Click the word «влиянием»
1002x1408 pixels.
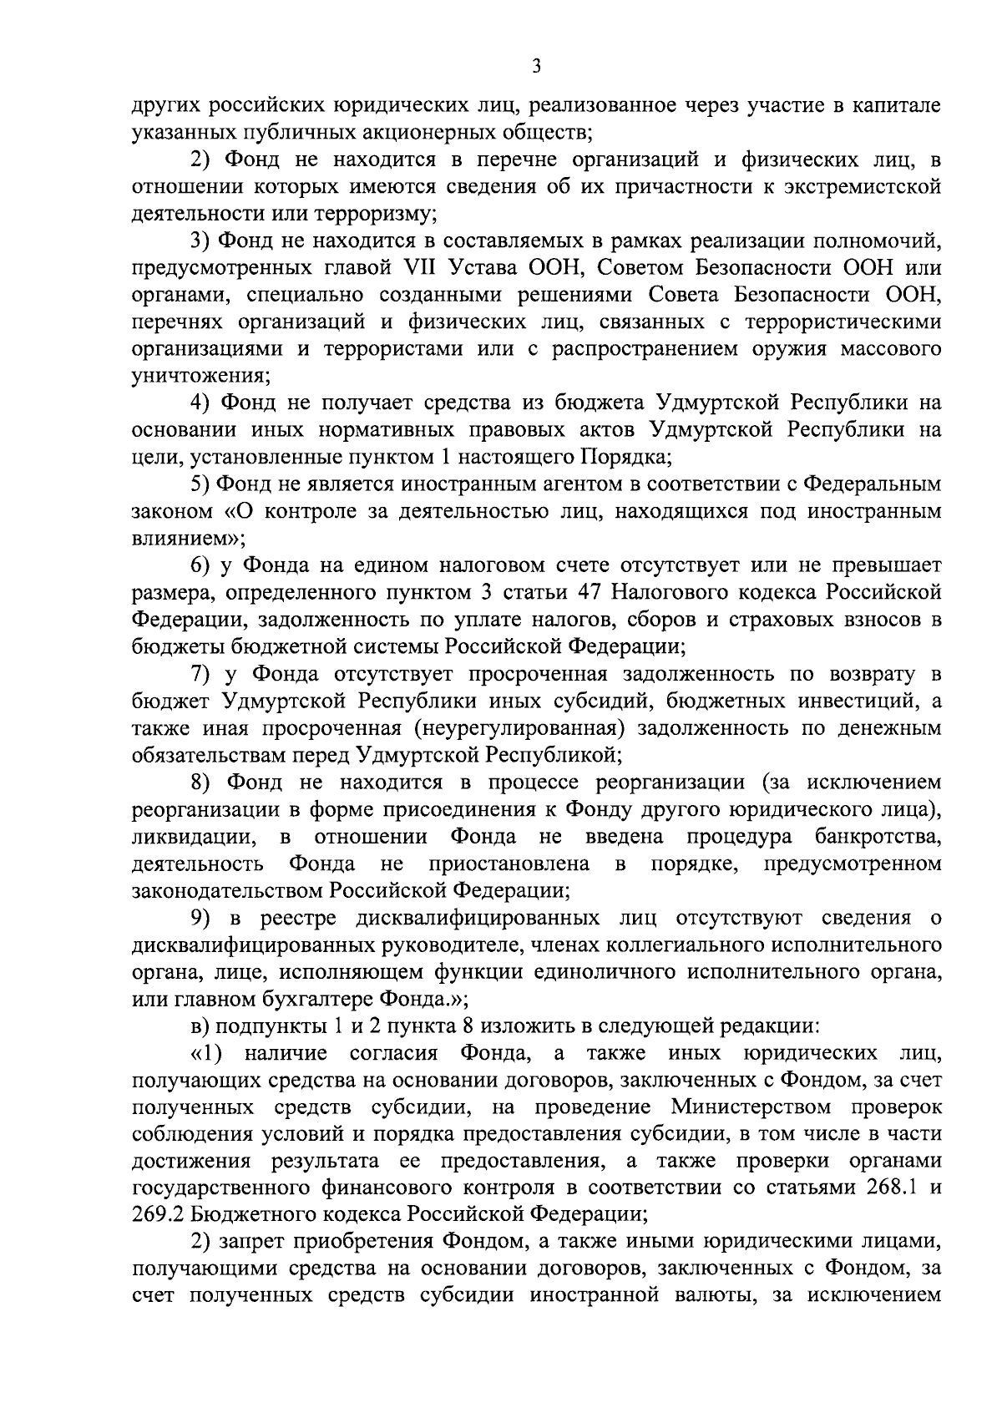tap(180, 539)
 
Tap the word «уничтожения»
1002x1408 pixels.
tap(199, 376)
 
